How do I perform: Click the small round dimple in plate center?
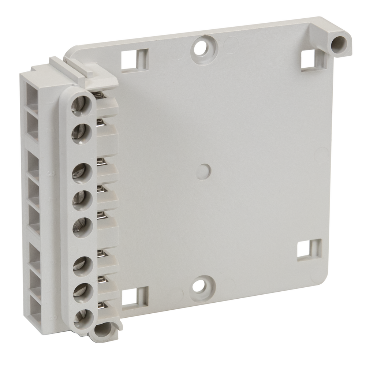point(203,171)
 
